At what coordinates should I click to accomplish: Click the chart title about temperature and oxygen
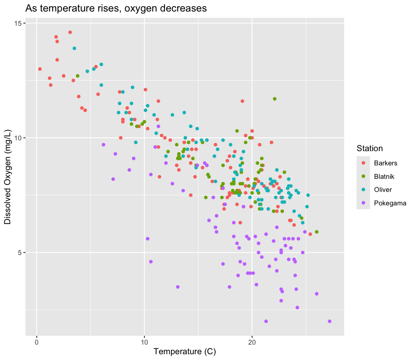116,8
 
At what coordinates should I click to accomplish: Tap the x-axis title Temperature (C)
184,351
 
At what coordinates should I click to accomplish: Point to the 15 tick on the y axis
18,23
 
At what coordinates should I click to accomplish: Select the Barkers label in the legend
385,163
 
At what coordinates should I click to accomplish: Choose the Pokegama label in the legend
390,203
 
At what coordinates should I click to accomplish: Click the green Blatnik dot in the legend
363,177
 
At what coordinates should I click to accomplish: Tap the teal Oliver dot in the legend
363,190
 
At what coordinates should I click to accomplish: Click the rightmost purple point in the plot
329,321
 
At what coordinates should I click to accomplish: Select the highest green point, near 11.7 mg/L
275,99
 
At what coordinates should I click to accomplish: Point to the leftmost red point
40,69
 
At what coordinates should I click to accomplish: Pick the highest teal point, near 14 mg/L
75,48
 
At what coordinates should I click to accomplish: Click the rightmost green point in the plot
317,232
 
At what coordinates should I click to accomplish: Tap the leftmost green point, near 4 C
78,76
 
